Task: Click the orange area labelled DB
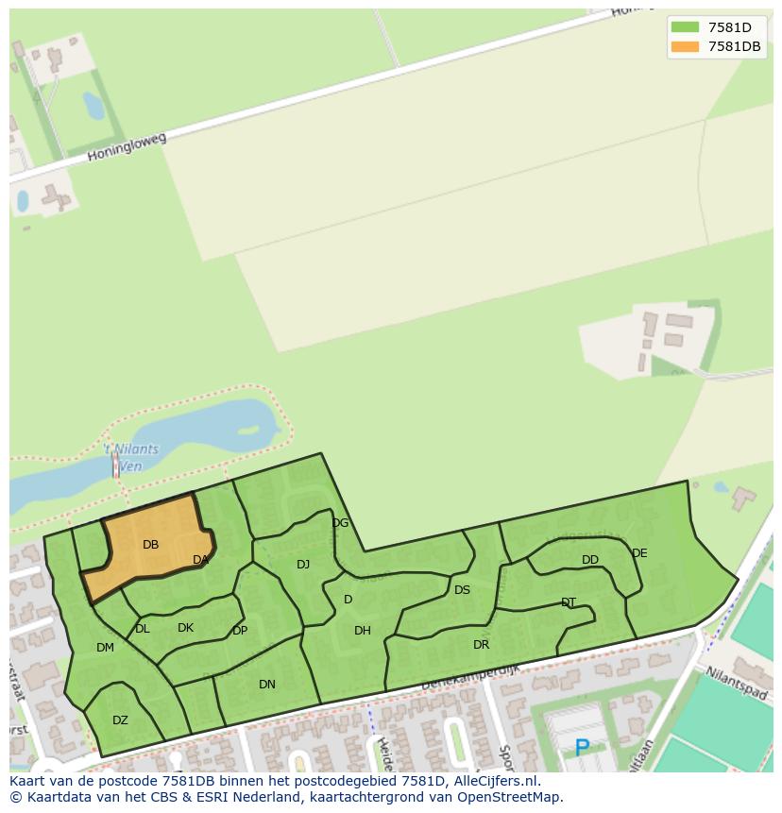pos(150,545)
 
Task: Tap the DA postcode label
pos(200,560)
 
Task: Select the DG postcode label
pos(340,523)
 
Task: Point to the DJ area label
pos(303,565)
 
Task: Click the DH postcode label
pos(363,631)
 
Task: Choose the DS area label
pos(462,590)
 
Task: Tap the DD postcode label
pos(590,560)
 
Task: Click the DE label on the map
pos(639,553)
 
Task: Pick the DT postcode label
pos(569,602)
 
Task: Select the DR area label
pos(482,645)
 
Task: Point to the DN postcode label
pos(267,685)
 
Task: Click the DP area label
pos(240,631)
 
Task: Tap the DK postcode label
pos(185,628)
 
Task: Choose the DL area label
pos(143,629)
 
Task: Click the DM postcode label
pos(105,648)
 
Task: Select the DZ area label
pos(120,720)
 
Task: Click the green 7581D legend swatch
pos(684,27)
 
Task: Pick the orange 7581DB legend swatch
pos(684,46)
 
